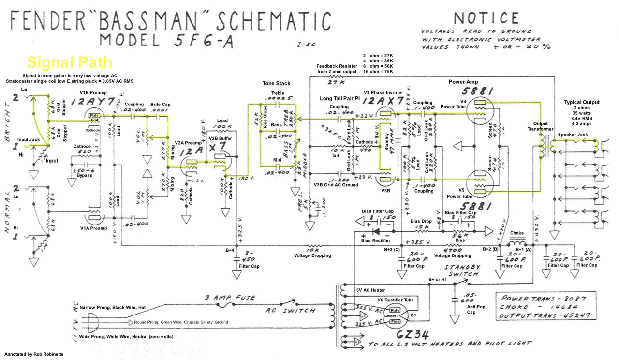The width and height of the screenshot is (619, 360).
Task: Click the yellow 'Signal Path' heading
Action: (69, 62)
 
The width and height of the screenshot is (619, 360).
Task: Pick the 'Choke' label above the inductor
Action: (516, 233)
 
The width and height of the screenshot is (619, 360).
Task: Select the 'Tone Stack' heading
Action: (276, 84)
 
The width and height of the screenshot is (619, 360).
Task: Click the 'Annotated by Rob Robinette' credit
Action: (32, 354)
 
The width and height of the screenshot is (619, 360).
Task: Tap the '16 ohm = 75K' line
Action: (377, 72)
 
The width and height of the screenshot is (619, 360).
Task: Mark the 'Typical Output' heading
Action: (581, 102)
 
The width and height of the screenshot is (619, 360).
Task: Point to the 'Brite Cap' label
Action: (160, 105)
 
